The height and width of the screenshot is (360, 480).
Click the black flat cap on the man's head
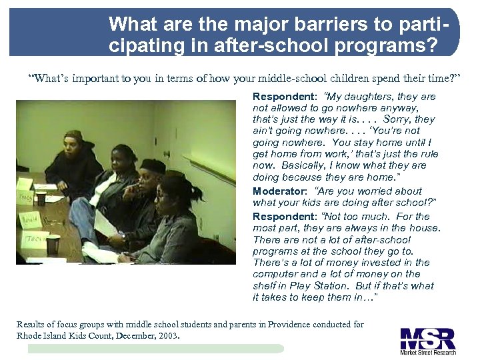coord(154,165)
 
